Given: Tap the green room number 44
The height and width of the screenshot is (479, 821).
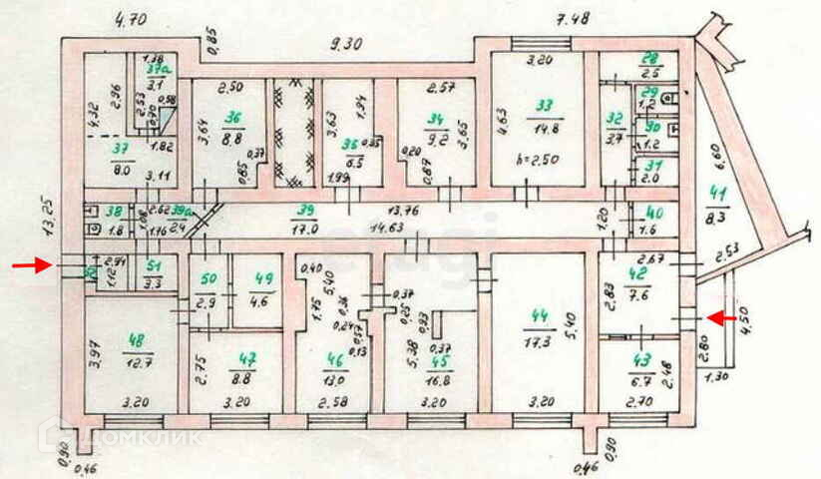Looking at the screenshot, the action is [x=540, y=316].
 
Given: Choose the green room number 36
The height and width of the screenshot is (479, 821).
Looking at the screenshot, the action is [x=234, y=115].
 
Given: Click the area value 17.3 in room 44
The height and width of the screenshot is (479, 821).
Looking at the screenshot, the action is [x=542, y=342].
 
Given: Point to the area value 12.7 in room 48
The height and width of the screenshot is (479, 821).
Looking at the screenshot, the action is [x=137, y=363].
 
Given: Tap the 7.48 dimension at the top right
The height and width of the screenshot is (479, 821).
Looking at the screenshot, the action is [x=573, y=19].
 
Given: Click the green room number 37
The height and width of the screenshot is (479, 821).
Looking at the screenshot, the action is [x=121, y=149].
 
